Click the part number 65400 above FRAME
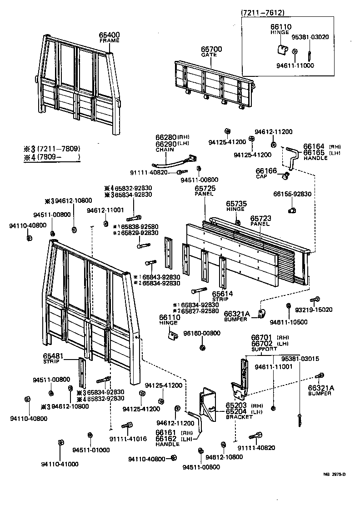[x=109, y=35]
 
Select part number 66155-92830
[x=292, y=194]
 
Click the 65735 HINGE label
[x=236, y=207]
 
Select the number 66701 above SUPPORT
[x=261, y=338]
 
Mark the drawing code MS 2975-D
[x=334, y=475]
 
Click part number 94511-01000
[x=91, y=450]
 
